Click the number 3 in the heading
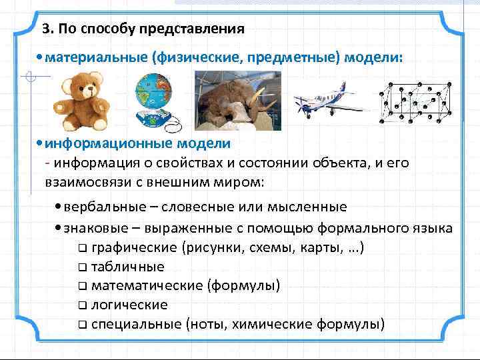45,29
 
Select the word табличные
127,267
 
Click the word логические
129,305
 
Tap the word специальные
135,324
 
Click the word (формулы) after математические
243,286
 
